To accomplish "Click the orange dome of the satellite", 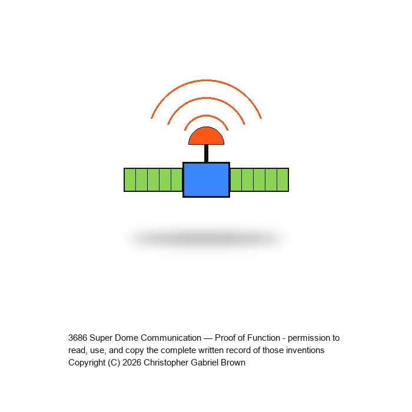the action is pyautogui.click(x=206, y=137).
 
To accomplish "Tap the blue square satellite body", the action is pyautogui.click(x=206, y=180).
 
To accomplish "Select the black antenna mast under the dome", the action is pyautogui.click(x=206, y=154).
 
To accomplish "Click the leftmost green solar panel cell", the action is pyautogui.click(x=130, y=180).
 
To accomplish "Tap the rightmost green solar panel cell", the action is pyautogui.click(x=283, y=180).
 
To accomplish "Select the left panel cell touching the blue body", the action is pyautogui.click(x=177, y=180).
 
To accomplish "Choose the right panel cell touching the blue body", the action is pyautogui.click(x=235, y=180).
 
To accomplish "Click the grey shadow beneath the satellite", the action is pyautogui.click(x=206, y=238).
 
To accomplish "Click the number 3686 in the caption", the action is pyautogui.click(x=78, y=338).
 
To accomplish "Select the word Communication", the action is pyautogui.click(x=171, y=338).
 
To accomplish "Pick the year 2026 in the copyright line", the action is pyautogui.click(x=132, y=363).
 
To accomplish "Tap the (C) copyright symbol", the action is pyautogui.click(x=114, y=363).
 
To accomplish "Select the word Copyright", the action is pyautogui.click(x=87, y=363).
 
